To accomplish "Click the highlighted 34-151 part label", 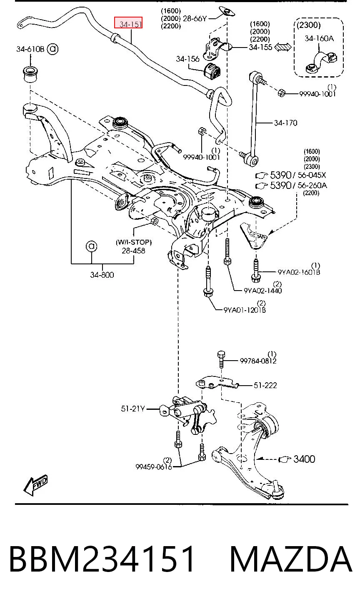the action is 128,23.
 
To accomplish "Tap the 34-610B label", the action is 30,49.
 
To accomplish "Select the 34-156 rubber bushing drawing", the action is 212,71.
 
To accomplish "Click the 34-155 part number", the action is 260,47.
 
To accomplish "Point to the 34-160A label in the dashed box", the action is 319,38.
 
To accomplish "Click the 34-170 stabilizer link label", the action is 285,123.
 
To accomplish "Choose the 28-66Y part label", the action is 195,18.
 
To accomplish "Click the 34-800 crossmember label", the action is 102,275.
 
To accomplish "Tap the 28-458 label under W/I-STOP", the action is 133,251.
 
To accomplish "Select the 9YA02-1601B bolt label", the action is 299,272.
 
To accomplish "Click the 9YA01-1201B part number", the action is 245,310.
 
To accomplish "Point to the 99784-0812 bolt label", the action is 258,361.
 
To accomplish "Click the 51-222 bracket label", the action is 265,385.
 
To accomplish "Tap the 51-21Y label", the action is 133,409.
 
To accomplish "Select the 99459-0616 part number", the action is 154,467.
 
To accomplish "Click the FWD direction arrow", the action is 35,485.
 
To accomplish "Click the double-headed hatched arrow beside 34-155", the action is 283,47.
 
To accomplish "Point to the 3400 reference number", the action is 304,459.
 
